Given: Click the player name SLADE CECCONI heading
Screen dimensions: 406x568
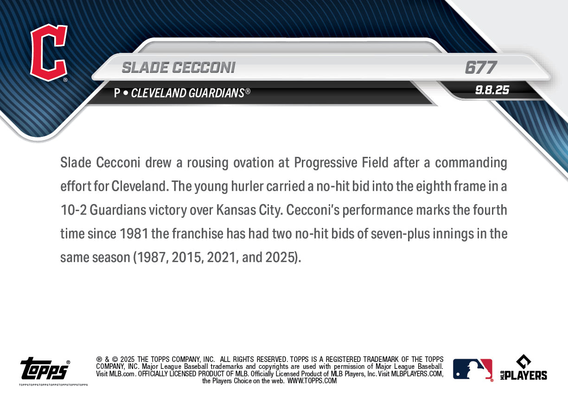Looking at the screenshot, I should [179, 68].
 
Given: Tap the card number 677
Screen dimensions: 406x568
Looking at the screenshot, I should [480, 68].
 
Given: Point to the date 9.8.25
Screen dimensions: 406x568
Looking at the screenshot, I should [492, 90].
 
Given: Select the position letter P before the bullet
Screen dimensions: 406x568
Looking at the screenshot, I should [117, 93].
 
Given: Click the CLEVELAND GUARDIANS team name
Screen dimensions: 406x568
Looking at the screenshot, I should [188, 93].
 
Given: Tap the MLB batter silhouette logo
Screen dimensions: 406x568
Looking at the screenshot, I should [472, 369].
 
